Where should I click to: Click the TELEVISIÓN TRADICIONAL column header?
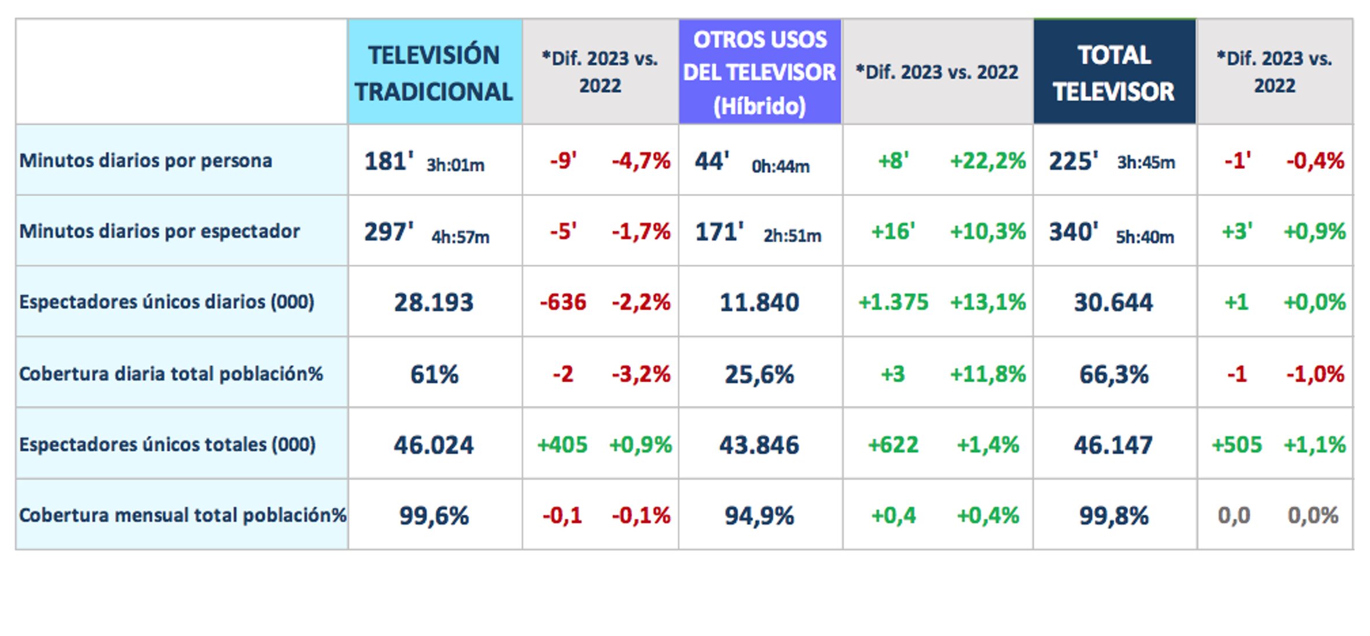434,73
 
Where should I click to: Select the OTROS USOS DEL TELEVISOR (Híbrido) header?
759,73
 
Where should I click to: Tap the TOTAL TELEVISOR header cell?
1113,73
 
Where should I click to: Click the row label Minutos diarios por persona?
146,160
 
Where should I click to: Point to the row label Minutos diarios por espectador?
160,231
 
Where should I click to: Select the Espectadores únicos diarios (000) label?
166,302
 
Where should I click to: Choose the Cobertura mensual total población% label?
182,515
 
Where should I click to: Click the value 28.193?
434,302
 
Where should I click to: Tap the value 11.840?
759,302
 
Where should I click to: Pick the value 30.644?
1113,302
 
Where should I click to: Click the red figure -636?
562,302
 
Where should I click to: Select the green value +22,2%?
987,161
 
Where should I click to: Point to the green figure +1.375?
893,302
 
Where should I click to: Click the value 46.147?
1113,445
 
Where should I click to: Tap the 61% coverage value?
434,374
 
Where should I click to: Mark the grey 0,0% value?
1313,515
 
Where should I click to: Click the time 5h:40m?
1145,237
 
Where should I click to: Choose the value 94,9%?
759,516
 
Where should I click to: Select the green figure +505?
1236,445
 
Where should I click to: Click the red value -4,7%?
641,161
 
